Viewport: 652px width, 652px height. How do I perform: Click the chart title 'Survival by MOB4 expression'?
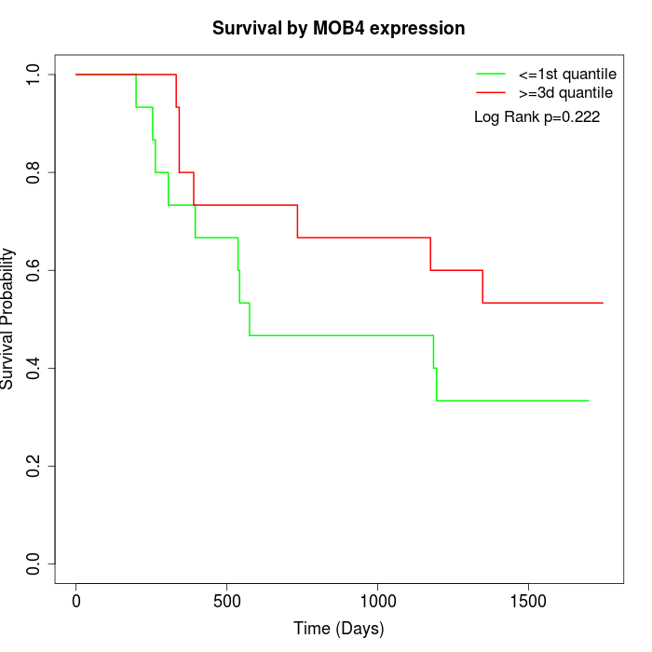tap(338, 28)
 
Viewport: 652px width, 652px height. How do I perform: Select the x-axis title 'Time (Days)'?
tap(338, 629)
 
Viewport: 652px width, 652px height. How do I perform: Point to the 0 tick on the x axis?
tap(76, 601)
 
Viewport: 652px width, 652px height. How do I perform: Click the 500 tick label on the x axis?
tap(226, 601)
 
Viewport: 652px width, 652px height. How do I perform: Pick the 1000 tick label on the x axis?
tap(377, 601)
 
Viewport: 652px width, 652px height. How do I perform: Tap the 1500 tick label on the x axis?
tap(528, 601)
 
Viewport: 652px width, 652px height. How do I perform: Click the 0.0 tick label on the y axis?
tap(34, 564)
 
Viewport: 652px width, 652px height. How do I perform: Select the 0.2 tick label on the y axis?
tap(34, 466)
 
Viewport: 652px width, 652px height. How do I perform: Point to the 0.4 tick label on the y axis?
tap(34, 368)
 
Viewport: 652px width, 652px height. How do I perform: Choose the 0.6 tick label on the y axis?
tap(34, 270)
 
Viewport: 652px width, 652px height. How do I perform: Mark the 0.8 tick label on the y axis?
tap(34, 172)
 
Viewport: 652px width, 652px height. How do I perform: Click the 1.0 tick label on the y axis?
tap(34, 75)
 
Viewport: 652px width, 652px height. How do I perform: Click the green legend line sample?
tap(491, 74)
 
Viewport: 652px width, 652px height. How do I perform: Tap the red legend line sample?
tap(491, 92)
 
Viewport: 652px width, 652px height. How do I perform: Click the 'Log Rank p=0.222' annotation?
tap(537, 116)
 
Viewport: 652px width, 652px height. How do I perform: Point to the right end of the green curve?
tap(589, 401)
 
